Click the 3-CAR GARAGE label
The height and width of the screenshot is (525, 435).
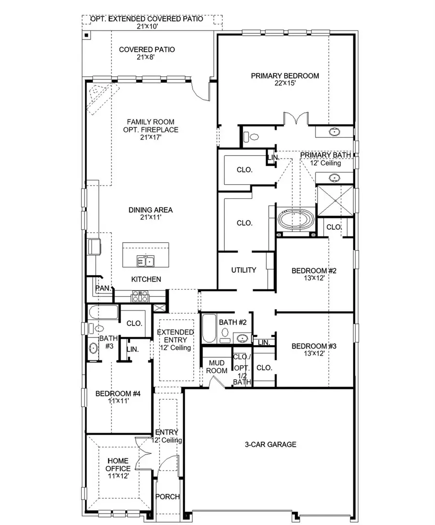click(270, 444)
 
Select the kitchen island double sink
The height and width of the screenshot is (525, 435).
click(145, 262)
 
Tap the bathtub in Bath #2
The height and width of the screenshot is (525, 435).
click(209, 328)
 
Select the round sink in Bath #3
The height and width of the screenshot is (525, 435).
click(93, 347)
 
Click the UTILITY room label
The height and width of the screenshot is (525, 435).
click(244, 270)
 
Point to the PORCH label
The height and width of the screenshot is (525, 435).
click(168, 496)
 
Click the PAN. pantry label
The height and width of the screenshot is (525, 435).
click(102, 288)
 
